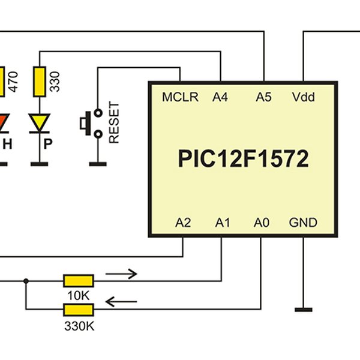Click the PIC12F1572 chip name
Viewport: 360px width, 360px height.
(243, 159)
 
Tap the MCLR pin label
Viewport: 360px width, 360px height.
(180, 97)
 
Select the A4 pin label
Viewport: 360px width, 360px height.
(220, 97)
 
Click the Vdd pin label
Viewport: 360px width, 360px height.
(303, 97)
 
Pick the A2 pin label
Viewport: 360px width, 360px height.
(183, 223)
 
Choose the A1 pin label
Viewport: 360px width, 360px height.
(223, 223)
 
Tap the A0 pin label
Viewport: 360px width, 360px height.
(261, 223)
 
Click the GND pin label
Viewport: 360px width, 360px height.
(303, 223)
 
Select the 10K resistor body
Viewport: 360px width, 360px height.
(79, 280)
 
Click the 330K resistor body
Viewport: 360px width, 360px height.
(79, 310)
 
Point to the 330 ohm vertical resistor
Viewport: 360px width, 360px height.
(40, 82)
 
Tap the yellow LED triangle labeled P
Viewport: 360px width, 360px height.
(40, 123)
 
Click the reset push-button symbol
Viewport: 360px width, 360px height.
(88, 122)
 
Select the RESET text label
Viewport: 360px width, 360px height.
(114, 122)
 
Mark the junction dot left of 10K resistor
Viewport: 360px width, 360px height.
(26, 281)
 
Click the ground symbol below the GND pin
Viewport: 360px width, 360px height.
(304, 310)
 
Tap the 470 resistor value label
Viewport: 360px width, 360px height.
(13, 81)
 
